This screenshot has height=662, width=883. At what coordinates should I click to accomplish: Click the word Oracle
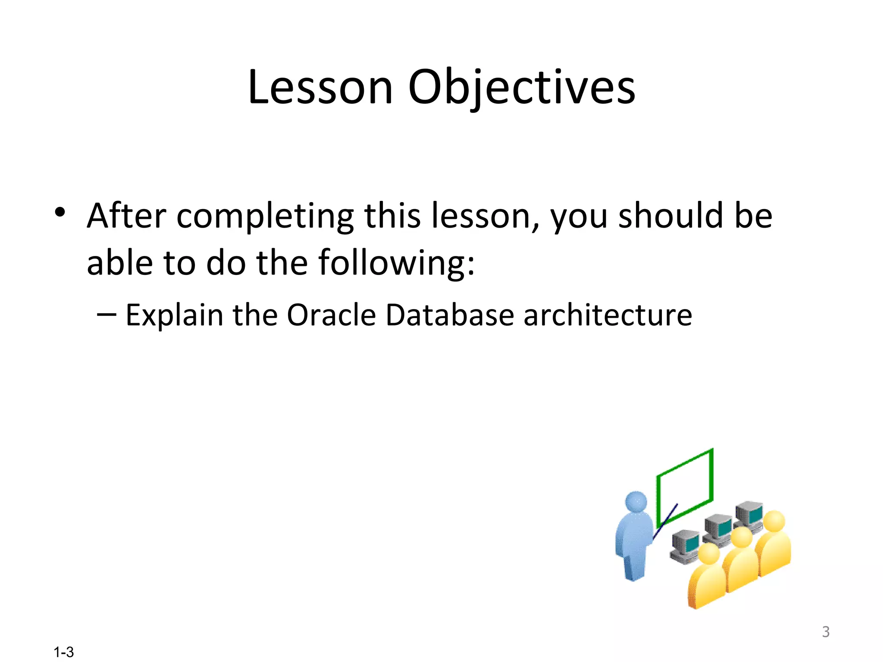[x=331, y=315]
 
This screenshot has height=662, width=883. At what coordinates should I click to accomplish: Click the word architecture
[x=607, y=315]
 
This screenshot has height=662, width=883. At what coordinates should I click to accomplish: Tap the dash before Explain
[x=106, y=315]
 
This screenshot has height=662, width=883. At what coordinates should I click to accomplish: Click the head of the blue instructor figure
[x=636, y=502]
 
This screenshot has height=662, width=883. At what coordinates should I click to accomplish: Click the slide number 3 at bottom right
[x=825, y=632]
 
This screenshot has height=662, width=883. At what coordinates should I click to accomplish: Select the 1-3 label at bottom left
[x=63, y=652]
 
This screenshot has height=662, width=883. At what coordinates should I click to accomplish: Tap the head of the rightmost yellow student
[x=774, y=521]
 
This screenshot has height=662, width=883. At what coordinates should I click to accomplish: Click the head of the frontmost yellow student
[x=709, y=553]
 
